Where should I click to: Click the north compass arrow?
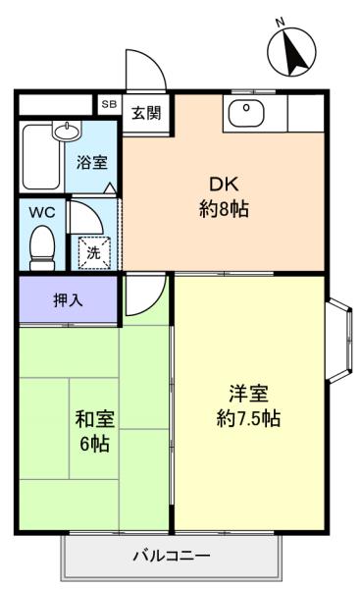[295, 52]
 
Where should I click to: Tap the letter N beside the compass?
[280, 23]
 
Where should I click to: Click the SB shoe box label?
[109, 104]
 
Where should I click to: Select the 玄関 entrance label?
[146, 113]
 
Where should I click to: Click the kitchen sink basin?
[246, 113]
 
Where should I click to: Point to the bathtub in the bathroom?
[41, 157]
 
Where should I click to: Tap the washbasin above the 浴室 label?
[68, 131]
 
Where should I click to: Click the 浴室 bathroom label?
[92, 162]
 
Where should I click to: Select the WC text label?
[42, 212]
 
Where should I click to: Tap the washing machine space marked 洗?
[94, 252]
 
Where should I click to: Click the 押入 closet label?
[68, 299]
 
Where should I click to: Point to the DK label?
[224, 185]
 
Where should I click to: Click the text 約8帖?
[224, 209]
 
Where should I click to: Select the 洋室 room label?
[248, 394]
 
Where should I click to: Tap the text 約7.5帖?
[248, 418]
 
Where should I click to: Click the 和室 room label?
[95, 419]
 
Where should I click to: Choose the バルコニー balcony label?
[172, 556]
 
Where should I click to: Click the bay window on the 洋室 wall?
[340, 341]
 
